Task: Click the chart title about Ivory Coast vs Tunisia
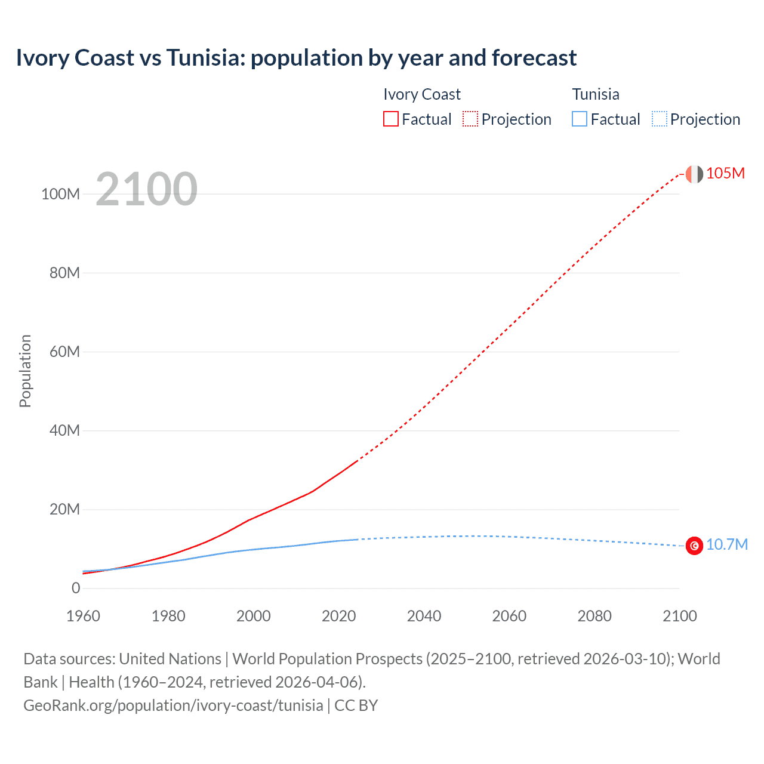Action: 296,58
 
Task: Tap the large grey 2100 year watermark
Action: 146,189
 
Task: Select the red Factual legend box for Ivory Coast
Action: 391,119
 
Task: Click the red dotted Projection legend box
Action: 470,119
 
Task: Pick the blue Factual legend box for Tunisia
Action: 580,119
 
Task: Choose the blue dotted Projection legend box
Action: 660,119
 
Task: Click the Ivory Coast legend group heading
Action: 422,94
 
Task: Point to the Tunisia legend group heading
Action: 596,94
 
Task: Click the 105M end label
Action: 725,173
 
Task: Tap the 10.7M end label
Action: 726,545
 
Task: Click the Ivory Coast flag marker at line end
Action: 694,174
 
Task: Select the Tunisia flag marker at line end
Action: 694,546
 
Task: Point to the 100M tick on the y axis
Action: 60,194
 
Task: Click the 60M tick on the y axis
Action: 64,352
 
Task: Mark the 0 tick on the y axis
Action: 76,588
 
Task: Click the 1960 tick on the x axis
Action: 83,616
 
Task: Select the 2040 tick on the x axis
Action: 424,616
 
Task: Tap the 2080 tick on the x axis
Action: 594,616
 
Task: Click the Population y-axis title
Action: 25,371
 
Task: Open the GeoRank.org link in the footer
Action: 173,706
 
